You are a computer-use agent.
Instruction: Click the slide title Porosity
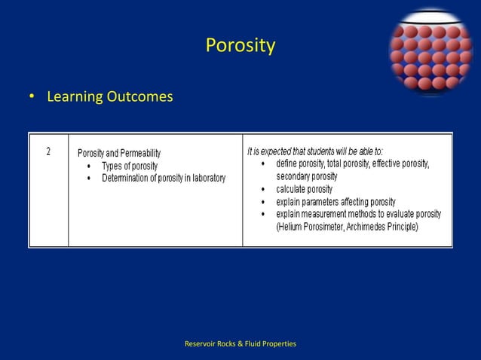[x=240, y=47]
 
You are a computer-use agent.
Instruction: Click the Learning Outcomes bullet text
[x=110, y=97]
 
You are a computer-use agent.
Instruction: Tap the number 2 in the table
[x=48, y=151]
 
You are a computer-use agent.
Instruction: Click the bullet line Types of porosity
[x=130, y=166]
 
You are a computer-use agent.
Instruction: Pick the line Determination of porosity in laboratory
[x=164, y=178]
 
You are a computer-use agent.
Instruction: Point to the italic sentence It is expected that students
[x=314, y=151]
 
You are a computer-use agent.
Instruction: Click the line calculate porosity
[x=304, y=189]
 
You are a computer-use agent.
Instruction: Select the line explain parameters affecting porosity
[x=335, y=202]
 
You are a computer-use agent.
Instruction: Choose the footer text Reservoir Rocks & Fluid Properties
[x=240, y=344]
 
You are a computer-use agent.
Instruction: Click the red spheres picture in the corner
[x=430, y=52]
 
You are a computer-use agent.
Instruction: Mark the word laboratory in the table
[x=204, y=178]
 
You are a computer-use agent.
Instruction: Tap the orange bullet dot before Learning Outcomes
[x=32, y=98]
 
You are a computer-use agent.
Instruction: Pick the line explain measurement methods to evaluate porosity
[x=358, y=215]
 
